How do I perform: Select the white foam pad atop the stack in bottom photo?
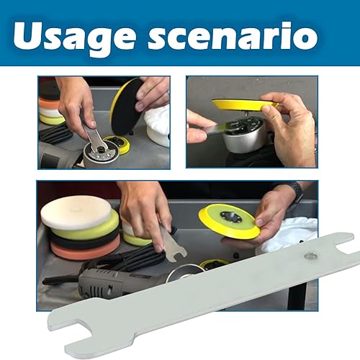pos(76,212)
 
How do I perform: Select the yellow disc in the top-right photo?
pos(245,105)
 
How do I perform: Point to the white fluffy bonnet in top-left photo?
pos(157,122)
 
